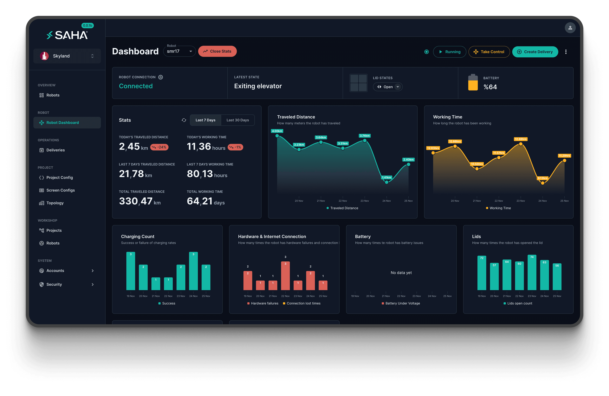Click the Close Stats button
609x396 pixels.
pyautogui.click(x=217, y=51)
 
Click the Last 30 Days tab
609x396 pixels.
pyautogui.click(x=237, y=120)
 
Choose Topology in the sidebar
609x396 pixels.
pyautogui.click(x=55, y=203)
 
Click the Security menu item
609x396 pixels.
pyautogui.click(x=54, y=284)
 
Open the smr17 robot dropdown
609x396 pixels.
pyautogui.click(x=179, y=51)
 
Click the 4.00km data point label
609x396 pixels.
pyautogui.click(x=277, y=131)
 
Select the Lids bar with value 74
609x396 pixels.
pyautogui.click(x=532, y=272)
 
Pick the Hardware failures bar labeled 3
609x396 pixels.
pyautogui.click(x=285, y=276)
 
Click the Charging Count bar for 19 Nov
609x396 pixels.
pyautogui.click(x=131, y=271)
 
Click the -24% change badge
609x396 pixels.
pyautogui.click(x=159, y=147)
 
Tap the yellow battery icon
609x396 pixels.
pyautogui.click(x=473, y=82)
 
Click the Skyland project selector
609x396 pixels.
pyautogui.click(x=67, y=56)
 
